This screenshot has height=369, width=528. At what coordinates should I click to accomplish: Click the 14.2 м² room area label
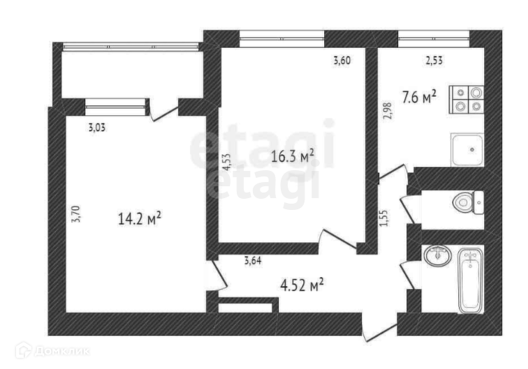[x=140, y=218]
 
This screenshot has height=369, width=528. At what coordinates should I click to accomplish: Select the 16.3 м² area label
[x=293, y=156]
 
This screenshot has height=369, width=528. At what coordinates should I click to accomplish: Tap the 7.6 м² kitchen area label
[x=419, y=97]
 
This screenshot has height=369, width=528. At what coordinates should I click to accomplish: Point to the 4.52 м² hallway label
[x=302, y=285]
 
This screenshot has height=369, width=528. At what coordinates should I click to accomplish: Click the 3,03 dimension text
[x=96, y=128]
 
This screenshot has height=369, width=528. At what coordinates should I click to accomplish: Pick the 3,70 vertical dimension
[x=76, y=214]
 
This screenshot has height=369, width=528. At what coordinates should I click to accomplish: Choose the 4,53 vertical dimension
[x=226, y=162]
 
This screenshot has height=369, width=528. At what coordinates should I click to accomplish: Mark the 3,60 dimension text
[x=342, y=61]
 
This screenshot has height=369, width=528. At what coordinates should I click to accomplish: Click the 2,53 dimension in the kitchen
[x=434, y=61]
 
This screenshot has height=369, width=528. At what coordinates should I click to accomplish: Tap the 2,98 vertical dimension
[x=388, y=111]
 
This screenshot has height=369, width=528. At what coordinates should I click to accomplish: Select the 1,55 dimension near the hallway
[x=384, y=218]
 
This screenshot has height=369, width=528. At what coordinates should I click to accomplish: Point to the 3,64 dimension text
[x=253, y=261]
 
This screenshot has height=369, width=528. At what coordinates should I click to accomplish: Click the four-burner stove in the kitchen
[x=467, y=100]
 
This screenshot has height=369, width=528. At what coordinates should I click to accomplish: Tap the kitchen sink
[x=467, y=150]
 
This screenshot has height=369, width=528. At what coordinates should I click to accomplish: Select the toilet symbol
[x=468, y=202]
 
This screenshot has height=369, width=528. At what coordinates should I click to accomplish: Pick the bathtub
[x=471, y=281]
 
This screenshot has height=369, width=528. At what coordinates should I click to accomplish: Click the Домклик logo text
[x=62, y=352]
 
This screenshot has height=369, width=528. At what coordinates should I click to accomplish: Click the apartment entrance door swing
[x=380, y=331]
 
